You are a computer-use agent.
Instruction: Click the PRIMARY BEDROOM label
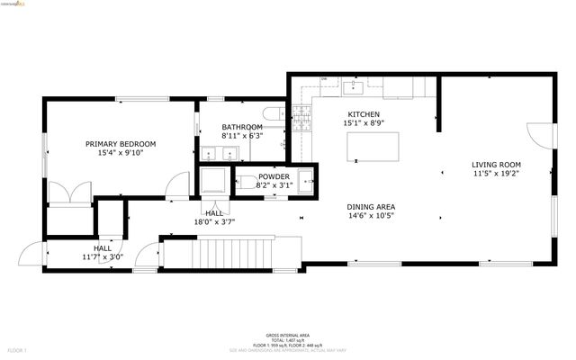(x=121, y=143)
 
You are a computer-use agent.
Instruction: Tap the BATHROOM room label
(x=242, y=127)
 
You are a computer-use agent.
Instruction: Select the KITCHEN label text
(x=364, y=113)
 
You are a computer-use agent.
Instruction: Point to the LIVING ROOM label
(x=496, y=164)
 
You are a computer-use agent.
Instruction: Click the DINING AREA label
(x=372, y=207)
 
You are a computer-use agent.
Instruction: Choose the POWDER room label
(x=274, y=176)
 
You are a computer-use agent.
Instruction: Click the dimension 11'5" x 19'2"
(x=496, y=174)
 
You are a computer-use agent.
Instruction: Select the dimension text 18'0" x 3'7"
(x=214, y=222)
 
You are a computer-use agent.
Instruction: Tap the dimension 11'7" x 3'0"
(x=103, y=257)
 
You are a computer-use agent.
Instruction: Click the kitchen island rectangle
(x=373, y=147)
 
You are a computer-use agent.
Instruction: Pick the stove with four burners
(x=301, y=114)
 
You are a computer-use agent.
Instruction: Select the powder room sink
(x=306, y=177)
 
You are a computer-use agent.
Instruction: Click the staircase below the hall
(x=229, y=253)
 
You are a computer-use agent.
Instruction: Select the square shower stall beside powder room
(x=214, y=180)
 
